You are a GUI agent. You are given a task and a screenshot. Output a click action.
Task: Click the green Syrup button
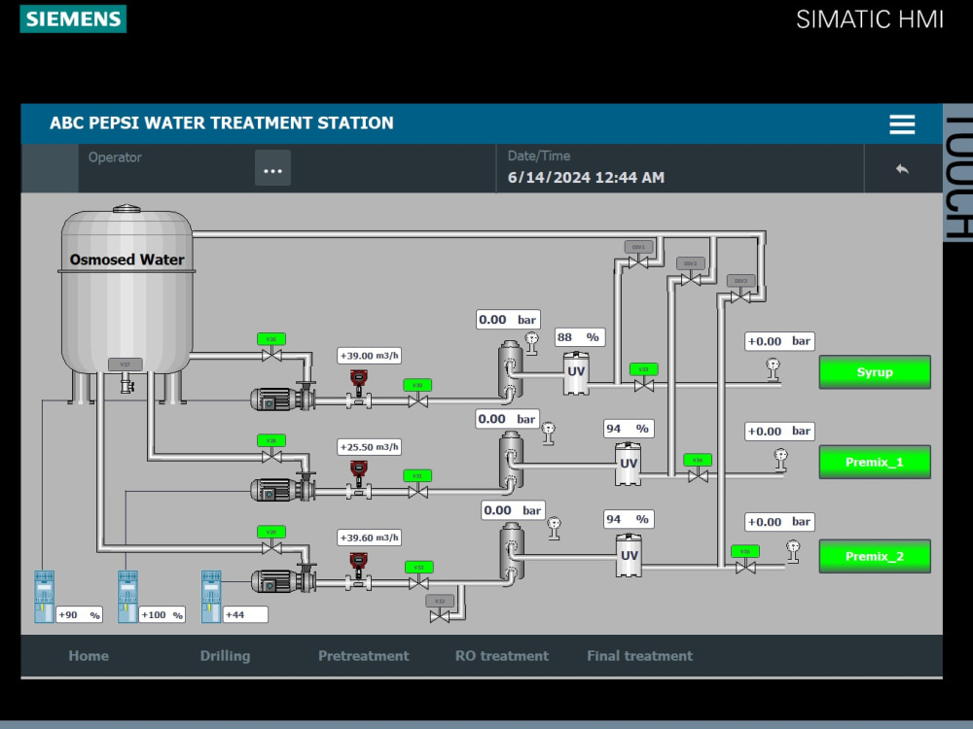pyautogui.click(x=874, y=372)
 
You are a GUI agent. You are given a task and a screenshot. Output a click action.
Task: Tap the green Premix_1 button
pyautogui.click(x=874, y=463)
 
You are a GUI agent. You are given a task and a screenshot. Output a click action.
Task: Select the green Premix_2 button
pyautogui.click(x=874, y=557)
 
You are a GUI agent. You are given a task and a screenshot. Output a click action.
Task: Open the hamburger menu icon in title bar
pyautogui.click(x=902, y=124)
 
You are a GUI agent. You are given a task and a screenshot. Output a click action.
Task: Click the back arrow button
pyautogui.click(x=902, y=169)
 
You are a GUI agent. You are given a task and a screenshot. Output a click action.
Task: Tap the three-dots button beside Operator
pyautogui.click(x=272, y=169)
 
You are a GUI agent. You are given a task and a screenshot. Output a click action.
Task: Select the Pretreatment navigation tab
pyautogui.click(x=363, y=656)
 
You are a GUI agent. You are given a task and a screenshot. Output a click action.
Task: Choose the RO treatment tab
pyautogui.click(x=501, y=656)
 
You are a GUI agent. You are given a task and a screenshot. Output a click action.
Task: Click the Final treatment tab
pyautogui.click(x=639, y=656)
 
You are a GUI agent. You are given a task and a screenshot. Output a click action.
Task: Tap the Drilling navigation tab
pyautogui.click(x=225, y=656)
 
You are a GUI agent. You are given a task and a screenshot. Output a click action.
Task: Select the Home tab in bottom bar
pyautogui.click(x=89, y=656)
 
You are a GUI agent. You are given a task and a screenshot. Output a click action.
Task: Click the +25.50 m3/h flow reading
pyautogui.click(x=369, y=447)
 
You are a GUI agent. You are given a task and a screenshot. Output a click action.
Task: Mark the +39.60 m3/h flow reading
pyautogui.click(x=369, y=538)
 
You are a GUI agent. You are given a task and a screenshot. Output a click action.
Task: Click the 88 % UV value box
pyautogui.click(x=578, y=337)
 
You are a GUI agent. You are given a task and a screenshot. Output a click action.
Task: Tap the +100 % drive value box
pyautogui.click(x=162, y=614)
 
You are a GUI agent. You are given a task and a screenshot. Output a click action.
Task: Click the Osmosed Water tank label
pyautogui.click(x=126, y=260)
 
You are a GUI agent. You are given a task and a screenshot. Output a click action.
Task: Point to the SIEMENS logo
pyautogui.click(x=73, y=18)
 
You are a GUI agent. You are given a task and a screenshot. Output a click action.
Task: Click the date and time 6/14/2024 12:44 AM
pyautogui.click(x=586, y=178)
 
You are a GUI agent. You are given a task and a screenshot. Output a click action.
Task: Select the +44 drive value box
pyautogui.click(x=244, y=614)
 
